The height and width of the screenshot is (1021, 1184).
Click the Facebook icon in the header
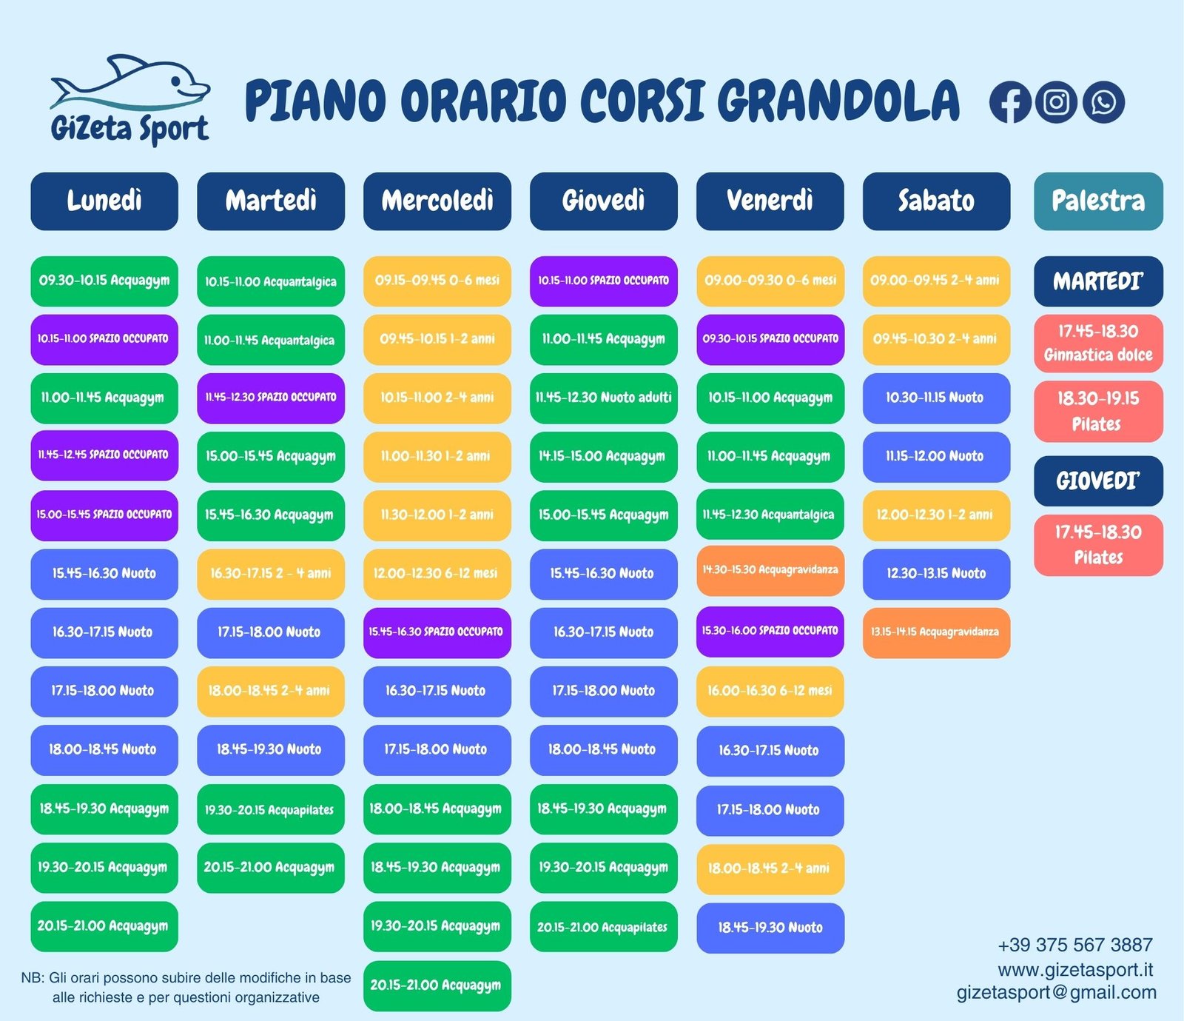1010,102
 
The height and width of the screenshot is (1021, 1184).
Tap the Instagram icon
1056,102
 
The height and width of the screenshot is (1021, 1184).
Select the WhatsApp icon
1103,102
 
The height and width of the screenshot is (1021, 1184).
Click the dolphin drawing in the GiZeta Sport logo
130,83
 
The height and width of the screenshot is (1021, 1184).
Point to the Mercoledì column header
437,201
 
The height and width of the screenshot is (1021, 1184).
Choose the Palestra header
1098,201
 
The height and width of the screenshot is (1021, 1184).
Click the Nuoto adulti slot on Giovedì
604,398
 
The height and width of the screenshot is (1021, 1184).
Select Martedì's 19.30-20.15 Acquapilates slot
271,810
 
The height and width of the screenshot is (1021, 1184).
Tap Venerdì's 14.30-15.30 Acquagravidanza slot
770,571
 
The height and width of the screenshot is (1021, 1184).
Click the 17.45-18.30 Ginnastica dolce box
1098,344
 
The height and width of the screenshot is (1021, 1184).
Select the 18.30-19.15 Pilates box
1098,412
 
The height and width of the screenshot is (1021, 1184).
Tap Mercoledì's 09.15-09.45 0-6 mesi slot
437,281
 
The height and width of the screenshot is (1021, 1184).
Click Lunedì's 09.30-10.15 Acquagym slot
104,281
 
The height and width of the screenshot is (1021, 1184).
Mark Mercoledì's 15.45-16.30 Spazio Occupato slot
437,633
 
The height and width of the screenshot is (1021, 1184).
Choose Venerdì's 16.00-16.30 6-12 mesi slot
770,692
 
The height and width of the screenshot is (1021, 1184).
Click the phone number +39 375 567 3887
1075,945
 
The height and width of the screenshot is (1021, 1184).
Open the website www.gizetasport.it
1075,970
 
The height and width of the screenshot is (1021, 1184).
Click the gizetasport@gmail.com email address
1056,993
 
